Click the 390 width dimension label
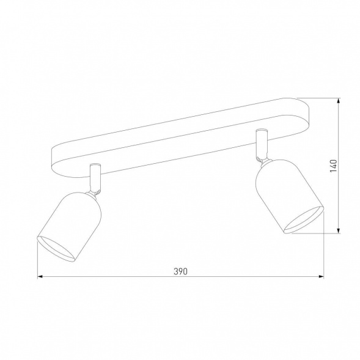(x=180, y=271)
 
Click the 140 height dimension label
(x=333, y=166)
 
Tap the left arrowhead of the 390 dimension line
(x=40, y=277)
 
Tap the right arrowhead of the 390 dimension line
(x=321, y=277)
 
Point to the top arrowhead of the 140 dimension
(x=338, y=101)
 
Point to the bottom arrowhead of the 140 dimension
(x=338, y=231)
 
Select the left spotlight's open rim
(x=56, y=249)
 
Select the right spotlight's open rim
(x=304, y=220)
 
